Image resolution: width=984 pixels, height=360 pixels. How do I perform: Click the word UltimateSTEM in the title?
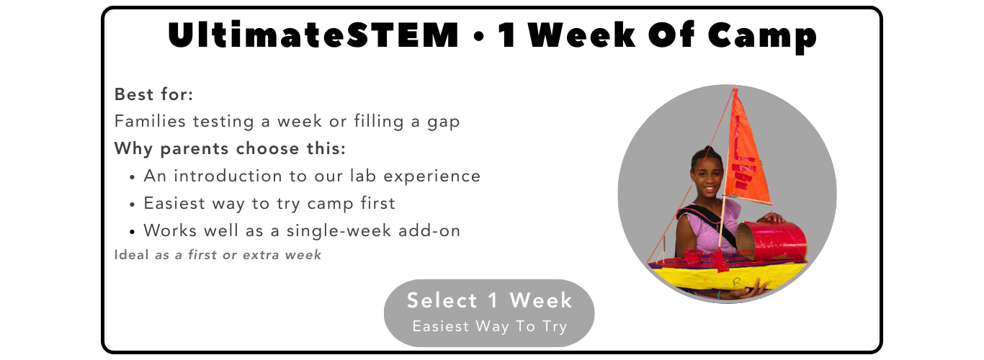[x=313, y=35]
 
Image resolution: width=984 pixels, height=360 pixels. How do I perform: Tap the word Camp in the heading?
[x=762, y=37]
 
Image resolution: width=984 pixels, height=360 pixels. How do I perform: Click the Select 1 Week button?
[x=489, y=313]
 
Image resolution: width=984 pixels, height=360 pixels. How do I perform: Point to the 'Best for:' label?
[x=153, y=94]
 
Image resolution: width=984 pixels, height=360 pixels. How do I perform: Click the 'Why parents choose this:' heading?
[x=231, y=149]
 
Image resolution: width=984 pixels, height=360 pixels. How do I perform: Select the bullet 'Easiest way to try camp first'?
[x=269, y=203]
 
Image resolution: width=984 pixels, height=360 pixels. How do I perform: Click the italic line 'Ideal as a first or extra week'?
[x=218, y=255]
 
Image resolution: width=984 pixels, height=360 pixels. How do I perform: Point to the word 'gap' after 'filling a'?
[x=443, y=122]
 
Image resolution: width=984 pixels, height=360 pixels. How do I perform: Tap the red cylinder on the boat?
[x=771, y=241]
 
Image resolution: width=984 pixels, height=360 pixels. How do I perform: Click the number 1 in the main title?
[x=507, y=35]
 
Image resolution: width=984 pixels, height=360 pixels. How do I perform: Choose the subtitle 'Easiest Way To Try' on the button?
[x=489, y=326]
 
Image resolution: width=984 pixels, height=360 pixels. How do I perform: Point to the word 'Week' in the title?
[x=582, y=35]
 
